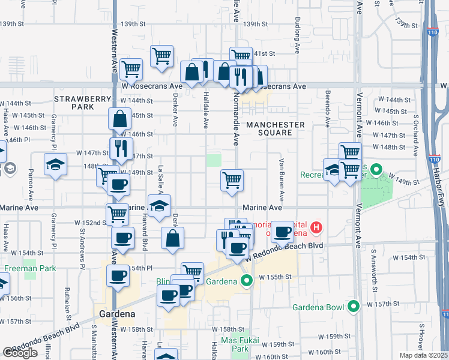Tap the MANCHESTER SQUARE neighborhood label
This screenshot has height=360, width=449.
tap(276, 128)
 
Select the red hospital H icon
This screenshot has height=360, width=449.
tap(316, 228)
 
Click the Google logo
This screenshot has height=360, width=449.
tap(20, 353)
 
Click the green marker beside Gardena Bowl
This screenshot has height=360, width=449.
tap(353, 307)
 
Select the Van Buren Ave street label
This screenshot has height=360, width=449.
tap(280, 178)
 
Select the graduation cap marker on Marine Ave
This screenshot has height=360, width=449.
tap(158, 206)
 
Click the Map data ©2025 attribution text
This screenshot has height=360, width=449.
tap(423, 355)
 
